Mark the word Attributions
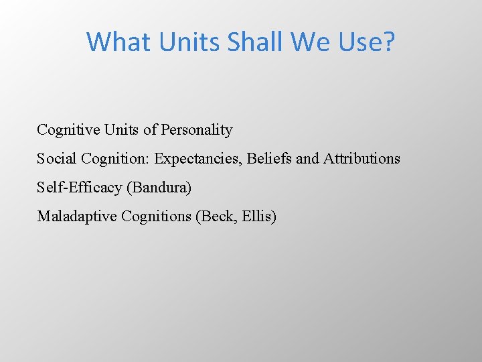click(x=361, y=159)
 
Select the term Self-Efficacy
click(x=79, y=188)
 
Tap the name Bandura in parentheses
click(x=159, y=188)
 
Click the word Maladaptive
click(x=76, y=217)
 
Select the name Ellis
click(x=259, y=217)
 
